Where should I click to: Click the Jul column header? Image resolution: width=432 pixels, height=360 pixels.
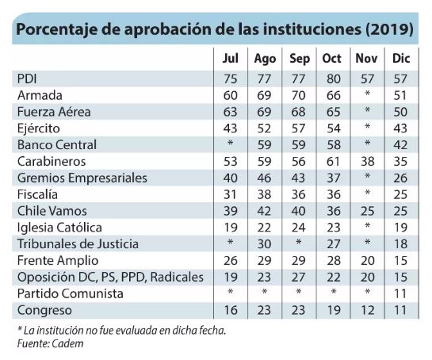click(x=231, y=59)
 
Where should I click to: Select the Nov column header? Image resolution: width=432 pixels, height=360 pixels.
click(x=366, y=59)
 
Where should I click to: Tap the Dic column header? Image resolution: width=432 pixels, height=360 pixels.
click(x=401, y=59)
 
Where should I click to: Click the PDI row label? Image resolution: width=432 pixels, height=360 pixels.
click(x=27, y=79)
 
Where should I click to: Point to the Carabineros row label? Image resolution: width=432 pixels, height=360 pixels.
click(x=52, y=162)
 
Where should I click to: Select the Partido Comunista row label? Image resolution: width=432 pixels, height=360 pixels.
click(x=71, y=293)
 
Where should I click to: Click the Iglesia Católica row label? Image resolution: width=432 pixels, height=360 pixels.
click(x=59, y=228)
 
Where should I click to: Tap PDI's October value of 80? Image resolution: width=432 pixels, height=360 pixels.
click(x=334, y=79)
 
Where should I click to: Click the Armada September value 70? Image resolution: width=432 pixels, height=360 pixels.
click(x=298, y=96)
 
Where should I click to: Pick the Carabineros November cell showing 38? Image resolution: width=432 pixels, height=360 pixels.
click(x=367, y=162)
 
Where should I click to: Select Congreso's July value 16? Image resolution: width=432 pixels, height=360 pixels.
click(x=231, y=310)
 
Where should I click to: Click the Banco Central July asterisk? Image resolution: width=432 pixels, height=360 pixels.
click(x=230, y=143)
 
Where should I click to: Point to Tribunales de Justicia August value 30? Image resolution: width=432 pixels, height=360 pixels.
click(x=264, y=244)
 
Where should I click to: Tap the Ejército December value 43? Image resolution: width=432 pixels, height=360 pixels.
click(x=400, y=128)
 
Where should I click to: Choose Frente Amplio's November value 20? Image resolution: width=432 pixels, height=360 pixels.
click(x=367, y=261)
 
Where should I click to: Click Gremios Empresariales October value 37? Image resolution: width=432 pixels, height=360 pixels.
click(x=334, y=178)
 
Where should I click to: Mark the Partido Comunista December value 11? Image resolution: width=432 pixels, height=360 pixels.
click(x=400, y=294)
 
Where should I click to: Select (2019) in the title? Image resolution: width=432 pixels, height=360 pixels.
click(x=389, y=29)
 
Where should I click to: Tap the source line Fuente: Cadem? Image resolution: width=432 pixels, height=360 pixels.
click(x=50, y=343)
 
